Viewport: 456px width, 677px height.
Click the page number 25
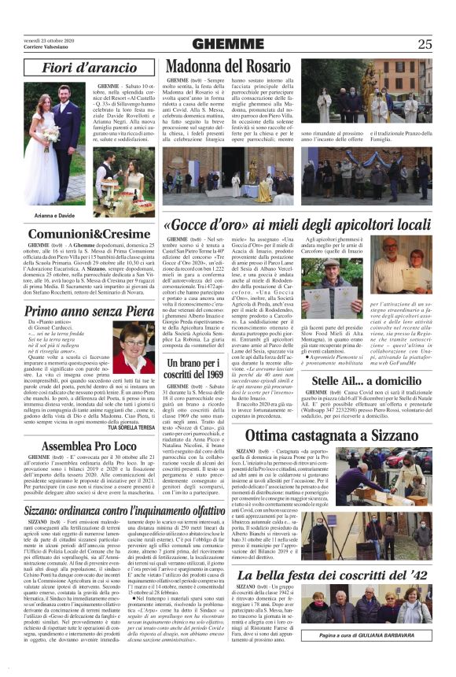(x=425, y=43)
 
